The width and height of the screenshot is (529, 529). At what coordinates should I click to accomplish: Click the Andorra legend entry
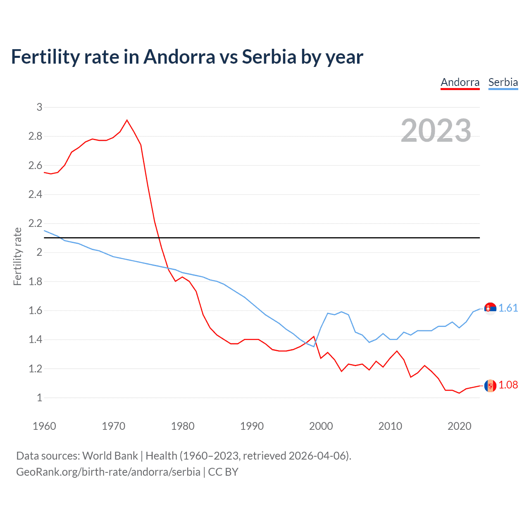460,82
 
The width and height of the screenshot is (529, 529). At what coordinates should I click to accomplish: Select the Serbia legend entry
503,82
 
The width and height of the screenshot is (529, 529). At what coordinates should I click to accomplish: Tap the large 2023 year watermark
436,131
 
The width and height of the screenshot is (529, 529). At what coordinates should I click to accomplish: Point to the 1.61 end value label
508,308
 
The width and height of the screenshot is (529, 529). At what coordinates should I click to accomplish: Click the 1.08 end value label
508,385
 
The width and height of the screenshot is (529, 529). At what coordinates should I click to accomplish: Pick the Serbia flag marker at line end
490,308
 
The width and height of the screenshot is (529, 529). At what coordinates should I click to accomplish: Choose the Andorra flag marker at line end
490,385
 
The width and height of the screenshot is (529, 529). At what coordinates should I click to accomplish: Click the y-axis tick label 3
39,107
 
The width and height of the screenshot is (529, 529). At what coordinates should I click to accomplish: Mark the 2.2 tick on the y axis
35,224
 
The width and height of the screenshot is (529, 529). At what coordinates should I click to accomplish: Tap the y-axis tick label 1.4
35,340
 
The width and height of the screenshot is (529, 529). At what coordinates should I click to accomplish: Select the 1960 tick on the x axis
44,426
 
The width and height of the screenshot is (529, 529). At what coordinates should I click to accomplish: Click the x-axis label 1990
252,426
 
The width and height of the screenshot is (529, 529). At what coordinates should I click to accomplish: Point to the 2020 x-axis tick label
459,426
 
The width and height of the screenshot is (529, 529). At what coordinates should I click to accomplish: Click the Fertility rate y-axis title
17,256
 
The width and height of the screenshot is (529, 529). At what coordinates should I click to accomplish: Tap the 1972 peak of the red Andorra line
127,120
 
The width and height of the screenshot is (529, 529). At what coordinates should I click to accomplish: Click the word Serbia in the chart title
269,57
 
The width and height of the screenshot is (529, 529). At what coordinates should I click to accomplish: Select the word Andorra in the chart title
179,57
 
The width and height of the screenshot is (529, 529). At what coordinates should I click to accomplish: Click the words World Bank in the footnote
110,455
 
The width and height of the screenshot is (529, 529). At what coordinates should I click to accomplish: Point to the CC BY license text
223,472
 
